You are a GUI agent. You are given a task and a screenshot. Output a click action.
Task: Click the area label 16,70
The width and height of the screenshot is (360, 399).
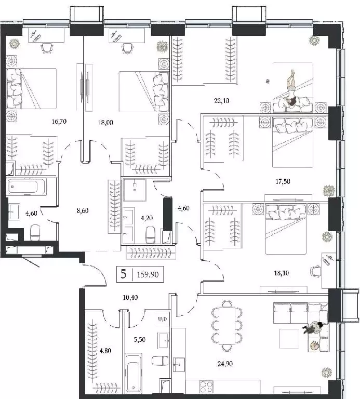tap(59, 122)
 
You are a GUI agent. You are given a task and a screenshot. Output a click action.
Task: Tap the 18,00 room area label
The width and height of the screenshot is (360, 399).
tap(105, 123)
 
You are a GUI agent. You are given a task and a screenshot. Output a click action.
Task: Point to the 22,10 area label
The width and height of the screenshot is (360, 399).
tap(222, 101)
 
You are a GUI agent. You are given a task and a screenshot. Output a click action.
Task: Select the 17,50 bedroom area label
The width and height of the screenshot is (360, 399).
tap(283, 181)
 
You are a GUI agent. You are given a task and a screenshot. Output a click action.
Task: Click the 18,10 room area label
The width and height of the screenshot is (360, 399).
tap(282, 273)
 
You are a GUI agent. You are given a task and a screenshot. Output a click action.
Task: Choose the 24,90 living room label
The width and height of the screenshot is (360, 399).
tap(225, 364)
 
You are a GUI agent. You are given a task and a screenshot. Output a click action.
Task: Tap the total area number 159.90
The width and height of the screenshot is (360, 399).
tap(148, 274)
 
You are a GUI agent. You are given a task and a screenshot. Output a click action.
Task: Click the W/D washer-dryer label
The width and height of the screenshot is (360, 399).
tap(162, 319)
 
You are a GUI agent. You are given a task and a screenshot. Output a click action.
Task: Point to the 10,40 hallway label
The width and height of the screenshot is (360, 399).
tap(130, 297)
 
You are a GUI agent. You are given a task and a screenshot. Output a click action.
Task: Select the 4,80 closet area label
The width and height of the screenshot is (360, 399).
tap(105, 351)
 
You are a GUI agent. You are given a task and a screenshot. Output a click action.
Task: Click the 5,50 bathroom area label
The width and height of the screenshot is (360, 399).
tap(140, 339)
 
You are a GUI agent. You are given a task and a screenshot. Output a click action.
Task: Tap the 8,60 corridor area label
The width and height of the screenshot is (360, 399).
tap(83, 211)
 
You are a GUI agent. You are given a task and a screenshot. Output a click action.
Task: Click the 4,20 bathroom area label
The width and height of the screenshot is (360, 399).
tap(147, 218)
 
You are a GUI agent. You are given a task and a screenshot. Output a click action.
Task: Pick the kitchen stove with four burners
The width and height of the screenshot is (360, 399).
tap(206, 387)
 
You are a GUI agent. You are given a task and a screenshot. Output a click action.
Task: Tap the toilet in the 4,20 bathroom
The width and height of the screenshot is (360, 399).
tap(151, 234)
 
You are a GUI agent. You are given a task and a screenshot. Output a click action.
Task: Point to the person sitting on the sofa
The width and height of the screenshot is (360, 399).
tap(313, 328)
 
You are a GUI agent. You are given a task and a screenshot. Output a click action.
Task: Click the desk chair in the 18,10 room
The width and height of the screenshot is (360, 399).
tap(315, 271)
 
